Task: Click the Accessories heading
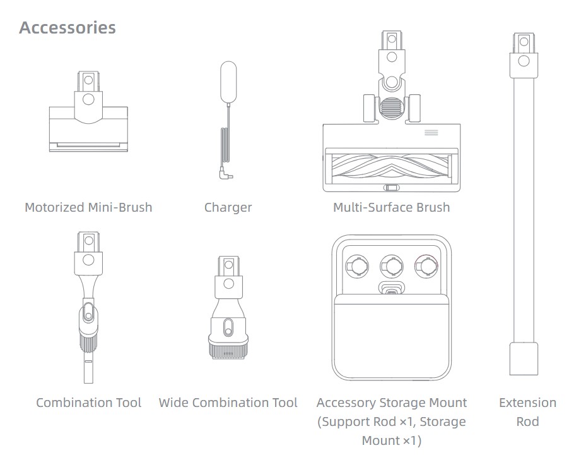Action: [x=67, y=28]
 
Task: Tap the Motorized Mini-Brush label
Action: [x=88, y=207]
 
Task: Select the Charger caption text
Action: [x=228, y=207]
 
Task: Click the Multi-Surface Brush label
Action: [x=392, y=207]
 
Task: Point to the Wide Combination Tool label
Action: [x=228, y=403]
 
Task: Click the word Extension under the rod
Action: [x=527, y=403]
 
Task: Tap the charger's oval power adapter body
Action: [x=228, y=83]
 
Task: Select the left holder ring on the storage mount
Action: [x=357, y=267]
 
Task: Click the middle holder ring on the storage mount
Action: [x=392, y=267]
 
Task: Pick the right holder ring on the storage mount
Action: [x=426, y=267]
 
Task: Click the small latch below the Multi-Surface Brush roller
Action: [x=392, y=188]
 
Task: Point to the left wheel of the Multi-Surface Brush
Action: [x=369, y=108]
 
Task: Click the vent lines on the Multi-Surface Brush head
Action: [x=431, y=132]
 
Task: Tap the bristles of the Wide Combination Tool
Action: [x=228, y=352]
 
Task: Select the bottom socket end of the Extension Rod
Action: [x=524, y=358]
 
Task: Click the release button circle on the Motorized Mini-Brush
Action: [x=88, y=99]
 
